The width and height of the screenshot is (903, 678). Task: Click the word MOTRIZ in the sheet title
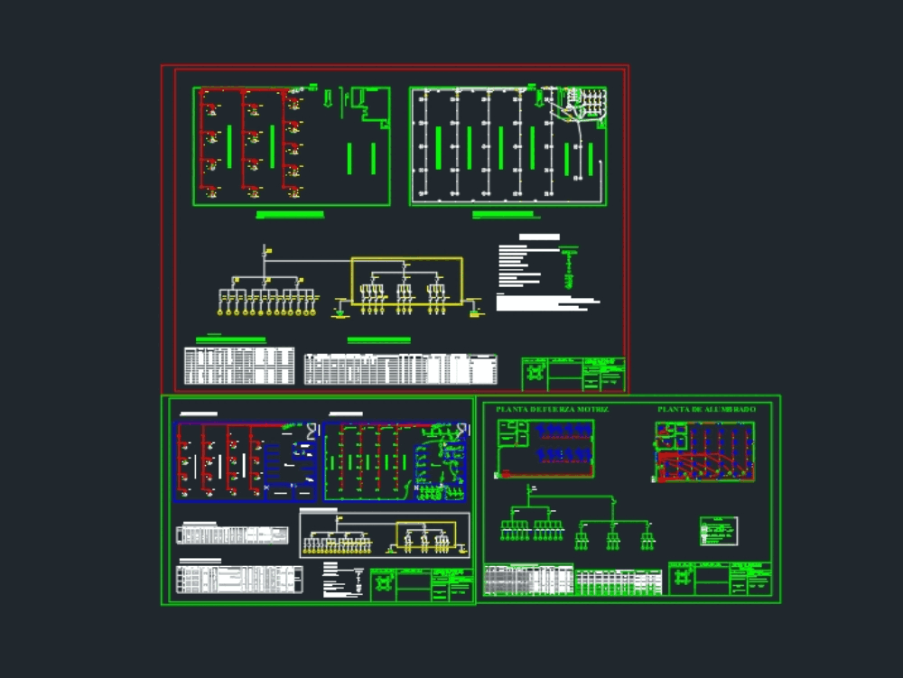(591, 409)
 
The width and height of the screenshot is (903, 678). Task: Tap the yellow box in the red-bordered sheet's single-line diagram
(406, 280)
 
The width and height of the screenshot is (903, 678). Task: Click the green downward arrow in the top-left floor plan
(328, 97)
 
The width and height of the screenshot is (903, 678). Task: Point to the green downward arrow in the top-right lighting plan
(539, 97)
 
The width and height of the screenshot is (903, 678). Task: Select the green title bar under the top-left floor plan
(290, 215)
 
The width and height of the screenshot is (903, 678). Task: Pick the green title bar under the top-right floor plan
(504, 215)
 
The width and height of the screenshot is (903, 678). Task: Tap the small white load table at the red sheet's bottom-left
(238, 366)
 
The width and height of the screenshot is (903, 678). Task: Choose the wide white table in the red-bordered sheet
(400, 368)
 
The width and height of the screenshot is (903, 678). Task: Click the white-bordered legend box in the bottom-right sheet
(718, 531)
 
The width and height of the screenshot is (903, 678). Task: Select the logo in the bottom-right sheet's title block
(682, 578)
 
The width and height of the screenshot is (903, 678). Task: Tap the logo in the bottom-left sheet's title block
(383, 584)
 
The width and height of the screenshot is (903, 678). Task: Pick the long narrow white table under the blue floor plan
(232, 534)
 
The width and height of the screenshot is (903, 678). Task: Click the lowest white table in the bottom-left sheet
(239, 579)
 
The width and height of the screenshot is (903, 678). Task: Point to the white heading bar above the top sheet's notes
(538, 237)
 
